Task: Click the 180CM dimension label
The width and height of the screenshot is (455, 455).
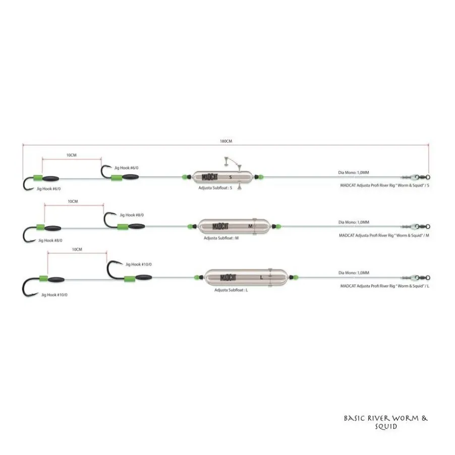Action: (226, 141)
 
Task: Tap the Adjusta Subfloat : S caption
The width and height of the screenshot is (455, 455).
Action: (215, 188)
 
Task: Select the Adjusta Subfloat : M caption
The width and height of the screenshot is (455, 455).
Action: (221, 238)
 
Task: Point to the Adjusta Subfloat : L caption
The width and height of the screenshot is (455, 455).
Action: (231, 290)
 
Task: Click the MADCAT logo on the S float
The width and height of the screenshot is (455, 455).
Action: (210, 177)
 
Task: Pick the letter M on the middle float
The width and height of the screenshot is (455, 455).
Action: (250, 226)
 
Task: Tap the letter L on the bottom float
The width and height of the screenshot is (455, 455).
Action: (261, 278)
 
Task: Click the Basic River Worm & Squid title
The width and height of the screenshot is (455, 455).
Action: (386, 422)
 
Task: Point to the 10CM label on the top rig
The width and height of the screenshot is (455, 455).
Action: (72, 155)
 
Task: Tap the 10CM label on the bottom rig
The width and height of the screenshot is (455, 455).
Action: (77, 250)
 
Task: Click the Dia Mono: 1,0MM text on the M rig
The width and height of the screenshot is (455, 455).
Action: (354, 222)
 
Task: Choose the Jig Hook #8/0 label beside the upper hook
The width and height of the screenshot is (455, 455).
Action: (132, 215)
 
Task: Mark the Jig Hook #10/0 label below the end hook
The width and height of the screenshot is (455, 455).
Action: (54, 295)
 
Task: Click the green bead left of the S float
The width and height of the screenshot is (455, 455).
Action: (184, 177)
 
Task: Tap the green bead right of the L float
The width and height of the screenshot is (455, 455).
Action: (296, 277)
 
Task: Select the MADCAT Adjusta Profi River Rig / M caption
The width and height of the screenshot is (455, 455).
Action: (384, 236)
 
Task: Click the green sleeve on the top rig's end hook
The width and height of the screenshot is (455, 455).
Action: (38, 178)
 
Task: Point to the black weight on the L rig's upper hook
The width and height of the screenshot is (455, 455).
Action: (144, 277)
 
